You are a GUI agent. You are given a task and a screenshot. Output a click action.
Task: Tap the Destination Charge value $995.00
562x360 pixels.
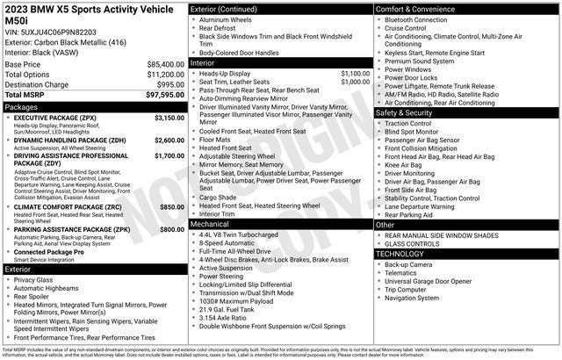166,84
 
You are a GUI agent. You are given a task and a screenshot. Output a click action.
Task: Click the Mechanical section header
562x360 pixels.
210,224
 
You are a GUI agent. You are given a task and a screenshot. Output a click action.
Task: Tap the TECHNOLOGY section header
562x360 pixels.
404,253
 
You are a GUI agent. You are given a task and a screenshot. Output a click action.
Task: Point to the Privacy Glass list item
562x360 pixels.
33,280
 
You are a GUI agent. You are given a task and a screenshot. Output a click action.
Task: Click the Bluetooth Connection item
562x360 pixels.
415,19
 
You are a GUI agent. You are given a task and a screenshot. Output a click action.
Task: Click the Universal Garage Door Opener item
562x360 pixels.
435,281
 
